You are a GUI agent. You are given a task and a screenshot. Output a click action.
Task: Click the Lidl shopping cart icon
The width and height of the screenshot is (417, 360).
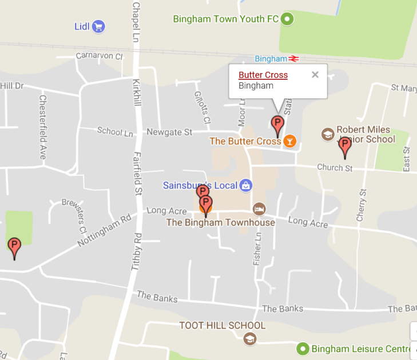(x=98, y=26)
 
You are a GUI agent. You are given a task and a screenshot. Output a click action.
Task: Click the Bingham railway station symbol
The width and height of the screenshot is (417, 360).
(x=294, y=58)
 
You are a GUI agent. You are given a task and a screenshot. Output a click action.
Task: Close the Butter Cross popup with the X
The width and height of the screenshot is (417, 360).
(x=315, y=74)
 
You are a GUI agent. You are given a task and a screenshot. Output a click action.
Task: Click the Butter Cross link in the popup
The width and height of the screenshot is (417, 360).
(x=263, y=75)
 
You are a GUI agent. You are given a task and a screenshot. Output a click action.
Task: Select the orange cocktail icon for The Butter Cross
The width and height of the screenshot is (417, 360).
(x=290, y=141)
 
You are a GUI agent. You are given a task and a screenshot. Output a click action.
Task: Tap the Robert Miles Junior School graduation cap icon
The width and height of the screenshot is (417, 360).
(x=328, y=134)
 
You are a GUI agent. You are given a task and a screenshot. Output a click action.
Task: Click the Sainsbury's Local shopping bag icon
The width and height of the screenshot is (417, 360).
(x=245, y=185)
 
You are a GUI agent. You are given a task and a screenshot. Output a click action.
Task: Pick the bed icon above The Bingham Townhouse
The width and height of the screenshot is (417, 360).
(x=259, y=209)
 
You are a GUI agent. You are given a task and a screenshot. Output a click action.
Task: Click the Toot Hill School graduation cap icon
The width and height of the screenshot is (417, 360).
(x=249, y=338)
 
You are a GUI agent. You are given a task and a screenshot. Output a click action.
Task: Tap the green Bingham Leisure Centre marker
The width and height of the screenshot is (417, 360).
(x=303, y=348)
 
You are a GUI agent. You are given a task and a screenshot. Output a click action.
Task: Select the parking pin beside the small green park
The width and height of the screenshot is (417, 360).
(x=14, y=247)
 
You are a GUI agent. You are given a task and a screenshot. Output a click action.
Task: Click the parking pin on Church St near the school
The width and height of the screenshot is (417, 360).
(x=345, y=146)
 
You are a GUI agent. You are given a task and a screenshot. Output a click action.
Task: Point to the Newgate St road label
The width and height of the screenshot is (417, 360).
(x=169, y=133)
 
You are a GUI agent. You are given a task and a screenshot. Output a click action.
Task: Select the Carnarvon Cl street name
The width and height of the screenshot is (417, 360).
(x=100, y=56)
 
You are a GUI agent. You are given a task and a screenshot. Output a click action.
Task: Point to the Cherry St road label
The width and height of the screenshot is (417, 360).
(x=361, y=206)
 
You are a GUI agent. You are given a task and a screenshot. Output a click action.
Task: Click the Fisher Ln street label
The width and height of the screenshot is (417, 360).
(x=257, y=248)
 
